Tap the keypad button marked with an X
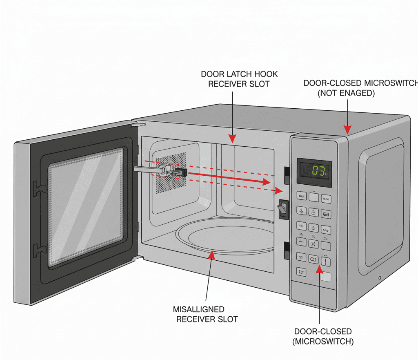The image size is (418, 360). [313, 244]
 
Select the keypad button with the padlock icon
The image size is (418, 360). [313, 212]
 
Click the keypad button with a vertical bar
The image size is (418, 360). [326, 261]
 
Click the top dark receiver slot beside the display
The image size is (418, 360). [287, 174]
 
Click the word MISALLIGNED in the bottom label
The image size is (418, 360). [199, 309]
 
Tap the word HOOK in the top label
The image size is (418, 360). [268, 74]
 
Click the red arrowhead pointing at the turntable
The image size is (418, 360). [211, 255]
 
